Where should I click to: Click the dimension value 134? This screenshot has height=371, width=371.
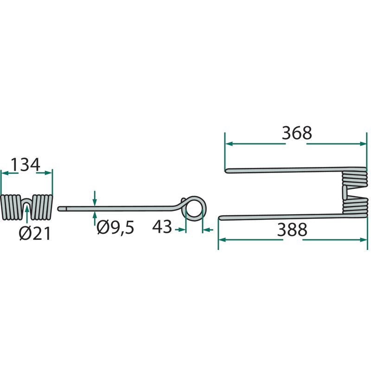(26, 165)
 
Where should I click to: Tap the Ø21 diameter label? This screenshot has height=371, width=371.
(35, 234)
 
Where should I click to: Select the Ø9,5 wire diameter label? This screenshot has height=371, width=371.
(115, 227)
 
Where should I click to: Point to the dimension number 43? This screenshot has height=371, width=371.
(162, 227)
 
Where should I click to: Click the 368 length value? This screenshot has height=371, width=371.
(297, 133)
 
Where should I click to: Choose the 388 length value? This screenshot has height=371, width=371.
(292, 230)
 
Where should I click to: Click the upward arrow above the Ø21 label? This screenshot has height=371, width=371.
(27, 214)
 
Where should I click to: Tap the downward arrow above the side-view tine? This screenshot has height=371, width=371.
(95, 198)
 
